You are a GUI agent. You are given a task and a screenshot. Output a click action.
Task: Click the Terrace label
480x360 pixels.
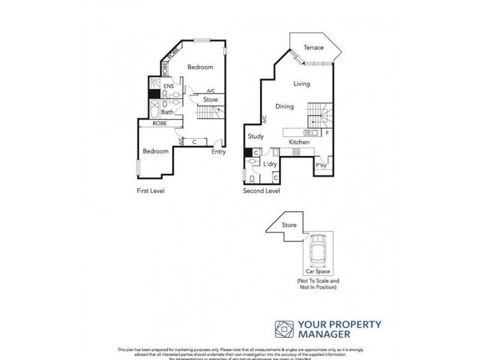(313, 47)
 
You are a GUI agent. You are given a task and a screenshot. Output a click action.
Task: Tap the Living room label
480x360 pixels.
(302, 84)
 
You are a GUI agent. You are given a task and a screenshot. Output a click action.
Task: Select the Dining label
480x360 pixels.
(284, 107)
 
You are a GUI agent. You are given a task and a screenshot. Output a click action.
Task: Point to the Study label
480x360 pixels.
(255, 137)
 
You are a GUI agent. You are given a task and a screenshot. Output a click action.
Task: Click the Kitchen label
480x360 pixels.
(299, 142)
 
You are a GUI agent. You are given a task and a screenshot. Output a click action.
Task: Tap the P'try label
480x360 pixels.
(322, 165)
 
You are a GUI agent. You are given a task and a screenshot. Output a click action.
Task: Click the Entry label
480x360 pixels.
(218, 152)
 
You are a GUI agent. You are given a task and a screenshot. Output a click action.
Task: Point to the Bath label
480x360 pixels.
(167, 112)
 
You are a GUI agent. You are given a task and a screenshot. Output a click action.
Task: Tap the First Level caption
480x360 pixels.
(150, 191)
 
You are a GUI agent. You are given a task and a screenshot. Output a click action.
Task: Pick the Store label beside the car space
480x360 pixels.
(290, 226)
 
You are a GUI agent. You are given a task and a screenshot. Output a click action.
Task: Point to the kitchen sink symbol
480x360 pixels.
(311, 133)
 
